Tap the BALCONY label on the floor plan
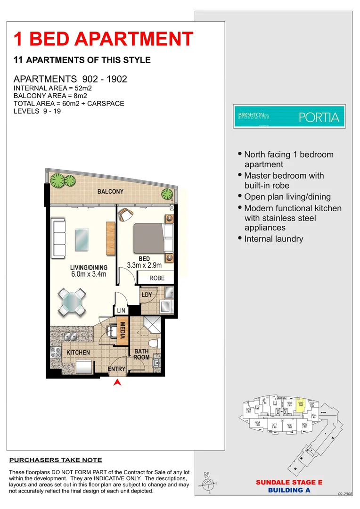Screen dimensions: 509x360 point(110,192)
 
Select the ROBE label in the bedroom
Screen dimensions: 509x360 point(157,278)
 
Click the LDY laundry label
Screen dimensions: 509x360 point(146,295)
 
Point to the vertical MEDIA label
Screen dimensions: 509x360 point(122,330)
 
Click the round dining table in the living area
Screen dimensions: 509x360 point(73,301)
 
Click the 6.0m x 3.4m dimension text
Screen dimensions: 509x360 point(89,274)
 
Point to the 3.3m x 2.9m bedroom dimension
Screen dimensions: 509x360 point(144,265)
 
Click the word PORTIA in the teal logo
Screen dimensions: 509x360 point(319,117)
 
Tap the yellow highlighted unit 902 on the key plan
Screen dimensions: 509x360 point(301,405)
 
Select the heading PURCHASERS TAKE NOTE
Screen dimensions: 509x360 point(56,460)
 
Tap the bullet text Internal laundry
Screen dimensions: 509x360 point(274,239)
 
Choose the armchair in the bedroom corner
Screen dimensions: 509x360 point(126,214)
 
